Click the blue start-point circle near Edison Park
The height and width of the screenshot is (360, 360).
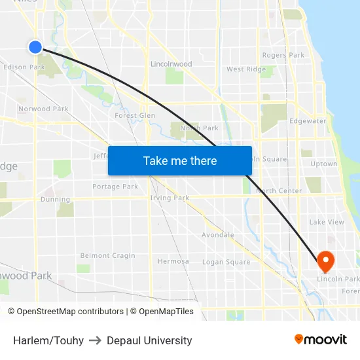click(x=35, y=46)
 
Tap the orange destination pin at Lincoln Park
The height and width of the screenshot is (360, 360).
click(x=325, y=261)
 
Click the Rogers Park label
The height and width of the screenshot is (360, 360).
click(x=283, y=55)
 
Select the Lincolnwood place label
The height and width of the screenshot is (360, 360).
click(x=171, y=64)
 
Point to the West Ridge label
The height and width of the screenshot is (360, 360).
click(x=246, y=69)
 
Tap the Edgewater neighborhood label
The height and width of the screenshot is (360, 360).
click(x=308, y=121)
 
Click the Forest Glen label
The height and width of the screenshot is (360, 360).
click(x=135, y=115)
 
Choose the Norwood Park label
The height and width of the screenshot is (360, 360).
click(x=43, y=109)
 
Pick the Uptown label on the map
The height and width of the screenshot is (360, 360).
click(x=323, y=164)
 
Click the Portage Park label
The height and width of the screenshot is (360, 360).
click(x=115, y=187)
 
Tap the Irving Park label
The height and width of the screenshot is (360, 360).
click(x=170, y=198)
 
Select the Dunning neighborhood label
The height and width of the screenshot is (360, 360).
click(x=55, y=200)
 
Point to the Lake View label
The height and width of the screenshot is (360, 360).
click(x=326, y=222)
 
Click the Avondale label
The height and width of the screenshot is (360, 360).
click(x=217, y=234)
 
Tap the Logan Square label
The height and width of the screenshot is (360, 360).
click(x=226, y=262)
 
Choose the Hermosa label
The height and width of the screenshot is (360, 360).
click(x=173, y=261)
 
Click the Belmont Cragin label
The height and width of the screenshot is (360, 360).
click(x=107, y=255)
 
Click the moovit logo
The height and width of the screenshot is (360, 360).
click(x=320, y=340)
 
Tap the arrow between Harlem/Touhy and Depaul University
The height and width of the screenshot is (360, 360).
click(x=95, y=340)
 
